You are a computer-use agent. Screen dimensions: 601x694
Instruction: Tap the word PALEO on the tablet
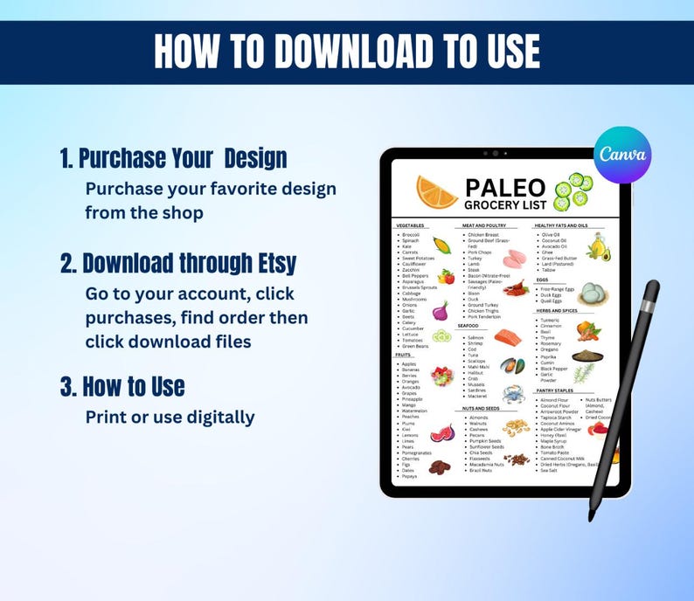(x=505, y=188)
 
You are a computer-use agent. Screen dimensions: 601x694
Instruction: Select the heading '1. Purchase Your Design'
(x=173, y=158)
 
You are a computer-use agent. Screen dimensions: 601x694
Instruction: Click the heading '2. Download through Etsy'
(x=191, y=263)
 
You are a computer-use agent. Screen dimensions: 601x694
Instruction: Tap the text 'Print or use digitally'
(x=170, y=417)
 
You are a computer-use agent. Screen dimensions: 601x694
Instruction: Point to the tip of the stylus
(x=591, y=517)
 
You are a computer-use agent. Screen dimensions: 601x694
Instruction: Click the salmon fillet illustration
(x=509, y=336)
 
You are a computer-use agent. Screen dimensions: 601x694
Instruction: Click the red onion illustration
(x=441, y=309)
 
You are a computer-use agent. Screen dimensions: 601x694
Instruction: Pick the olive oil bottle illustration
(x=598, y=246)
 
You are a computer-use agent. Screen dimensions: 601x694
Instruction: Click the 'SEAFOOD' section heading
(x=468, y=325)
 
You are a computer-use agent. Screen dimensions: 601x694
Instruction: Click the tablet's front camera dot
(x=495, y=154)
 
